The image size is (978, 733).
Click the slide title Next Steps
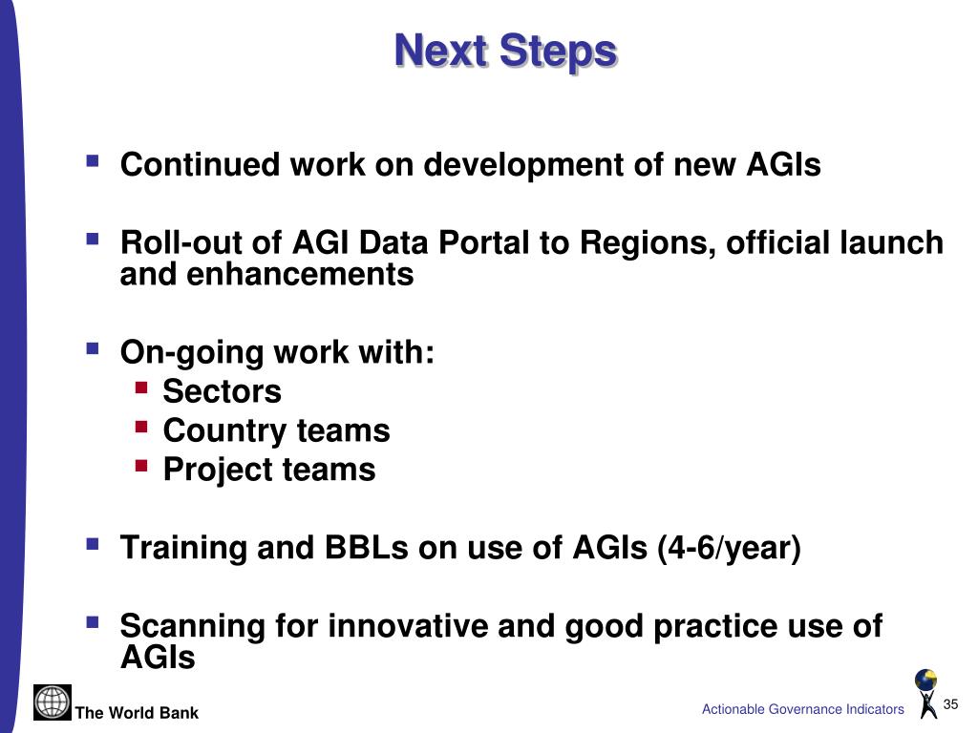click(506, 52)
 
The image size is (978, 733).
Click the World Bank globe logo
click(53, 702)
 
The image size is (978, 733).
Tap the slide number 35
click(950, 704)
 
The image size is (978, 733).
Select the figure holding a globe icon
click(926, 693)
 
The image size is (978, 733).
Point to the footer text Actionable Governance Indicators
click(802, 709)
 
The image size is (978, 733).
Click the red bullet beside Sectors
click(141, 387)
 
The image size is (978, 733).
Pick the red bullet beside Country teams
click(141, 427)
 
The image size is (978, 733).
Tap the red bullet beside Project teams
click(141, 466)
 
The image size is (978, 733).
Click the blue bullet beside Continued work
click(93, 161)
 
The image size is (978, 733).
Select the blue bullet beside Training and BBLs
click(93, 544)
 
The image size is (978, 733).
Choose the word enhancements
click(300, 274)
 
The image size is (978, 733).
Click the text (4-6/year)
click(729, 549)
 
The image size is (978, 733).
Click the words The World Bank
click(137, 713)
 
